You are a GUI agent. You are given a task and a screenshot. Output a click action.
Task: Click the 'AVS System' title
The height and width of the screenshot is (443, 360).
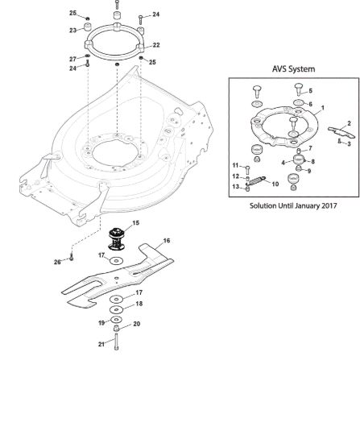[293, 69]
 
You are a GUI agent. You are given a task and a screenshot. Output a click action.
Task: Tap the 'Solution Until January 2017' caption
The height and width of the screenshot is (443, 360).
[293, 205]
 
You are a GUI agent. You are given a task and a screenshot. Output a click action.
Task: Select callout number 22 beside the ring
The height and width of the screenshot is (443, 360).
[156, 45]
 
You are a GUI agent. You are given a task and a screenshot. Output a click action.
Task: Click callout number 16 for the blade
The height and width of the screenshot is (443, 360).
[167, 241]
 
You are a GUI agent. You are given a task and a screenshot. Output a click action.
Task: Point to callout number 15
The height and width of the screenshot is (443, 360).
[135, 223]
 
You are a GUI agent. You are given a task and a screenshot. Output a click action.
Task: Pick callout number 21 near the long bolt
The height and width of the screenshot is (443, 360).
[101, 344]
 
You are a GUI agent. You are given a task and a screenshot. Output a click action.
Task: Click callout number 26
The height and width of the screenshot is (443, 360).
[57, 262]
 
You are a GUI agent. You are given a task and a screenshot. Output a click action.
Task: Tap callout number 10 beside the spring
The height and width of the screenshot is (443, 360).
[275, 184]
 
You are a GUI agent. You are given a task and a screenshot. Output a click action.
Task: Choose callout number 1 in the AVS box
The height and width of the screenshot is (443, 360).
[323, 108]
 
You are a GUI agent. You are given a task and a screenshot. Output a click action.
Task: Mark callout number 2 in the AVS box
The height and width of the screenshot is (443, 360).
[349, 123]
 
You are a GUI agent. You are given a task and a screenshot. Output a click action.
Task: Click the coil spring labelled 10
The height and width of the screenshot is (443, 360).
[258, 180]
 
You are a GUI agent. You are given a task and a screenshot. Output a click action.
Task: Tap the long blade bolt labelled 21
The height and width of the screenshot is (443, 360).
[116, 342]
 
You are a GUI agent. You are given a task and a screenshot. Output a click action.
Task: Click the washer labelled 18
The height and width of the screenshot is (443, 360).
[117, 309]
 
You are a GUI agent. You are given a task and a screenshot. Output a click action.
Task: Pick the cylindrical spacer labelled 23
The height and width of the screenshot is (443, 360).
[88, 28]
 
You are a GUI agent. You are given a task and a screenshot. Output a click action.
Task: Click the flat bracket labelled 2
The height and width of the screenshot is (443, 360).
[341, 132]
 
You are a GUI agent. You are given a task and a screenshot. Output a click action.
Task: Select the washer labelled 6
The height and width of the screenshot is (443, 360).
[299, 102]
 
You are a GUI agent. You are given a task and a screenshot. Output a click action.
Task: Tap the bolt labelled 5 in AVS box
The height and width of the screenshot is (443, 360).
[299, 89]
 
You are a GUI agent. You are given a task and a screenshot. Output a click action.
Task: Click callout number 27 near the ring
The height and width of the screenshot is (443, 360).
[73, 59]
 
